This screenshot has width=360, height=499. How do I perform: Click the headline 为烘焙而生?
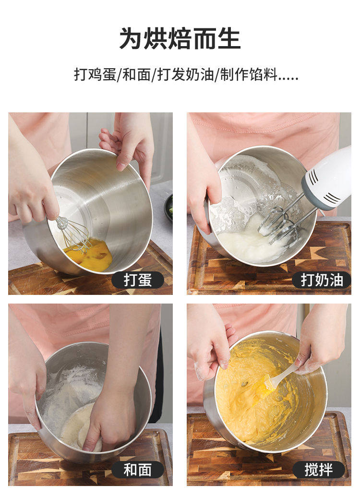tap(180, 39)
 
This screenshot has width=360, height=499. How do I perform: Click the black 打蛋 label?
tap(138, 280)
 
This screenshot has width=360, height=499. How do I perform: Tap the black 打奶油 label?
tap(322, 280)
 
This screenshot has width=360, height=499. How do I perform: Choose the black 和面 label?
tap(138, 470)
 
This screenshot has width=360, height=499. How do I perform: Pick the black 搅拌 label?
tap(319, 470)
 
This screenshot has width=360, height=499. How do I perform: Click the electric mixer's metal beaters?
tap(280, 223)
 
